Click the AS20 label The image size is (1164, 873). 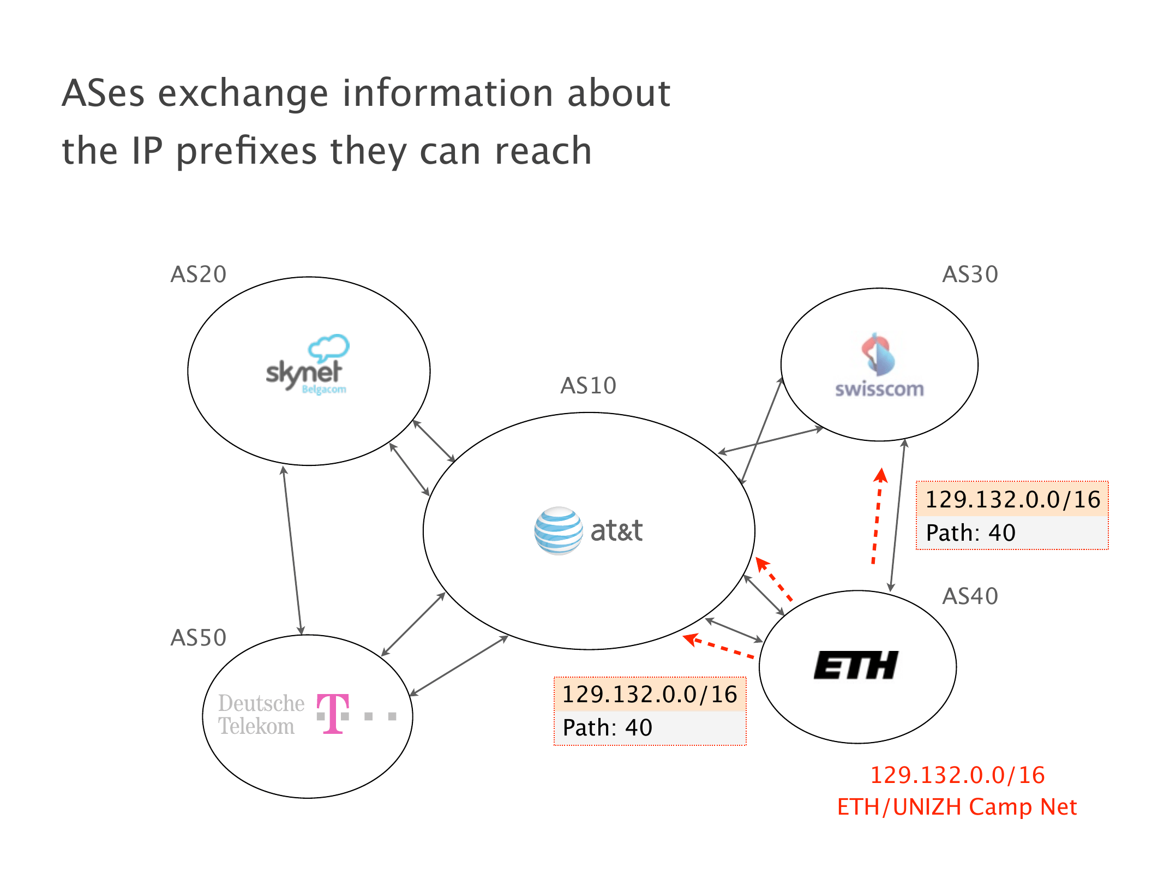198,274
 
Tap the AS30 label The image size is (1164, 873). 970,274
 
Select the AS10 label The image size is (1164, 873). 588,386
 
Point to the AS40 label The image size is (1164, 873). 970,596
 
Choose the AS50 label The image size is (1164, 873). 198,638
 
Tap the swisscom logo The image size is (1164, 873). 879,366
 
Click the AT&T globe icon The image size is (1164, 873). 558,531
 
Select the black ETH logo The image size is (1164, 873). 855,665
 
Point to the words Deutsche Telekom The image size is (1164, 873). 261,715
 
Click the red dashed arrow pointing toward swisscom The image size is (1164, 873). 877,516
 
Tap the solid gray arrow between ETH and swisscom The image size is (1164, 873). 897,516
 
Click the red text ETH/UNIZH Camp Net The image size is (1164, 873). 957,807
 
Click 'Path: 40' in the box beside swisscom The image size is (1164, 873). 970,533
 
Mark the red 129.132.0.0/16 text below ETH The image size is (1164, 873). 957,775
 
